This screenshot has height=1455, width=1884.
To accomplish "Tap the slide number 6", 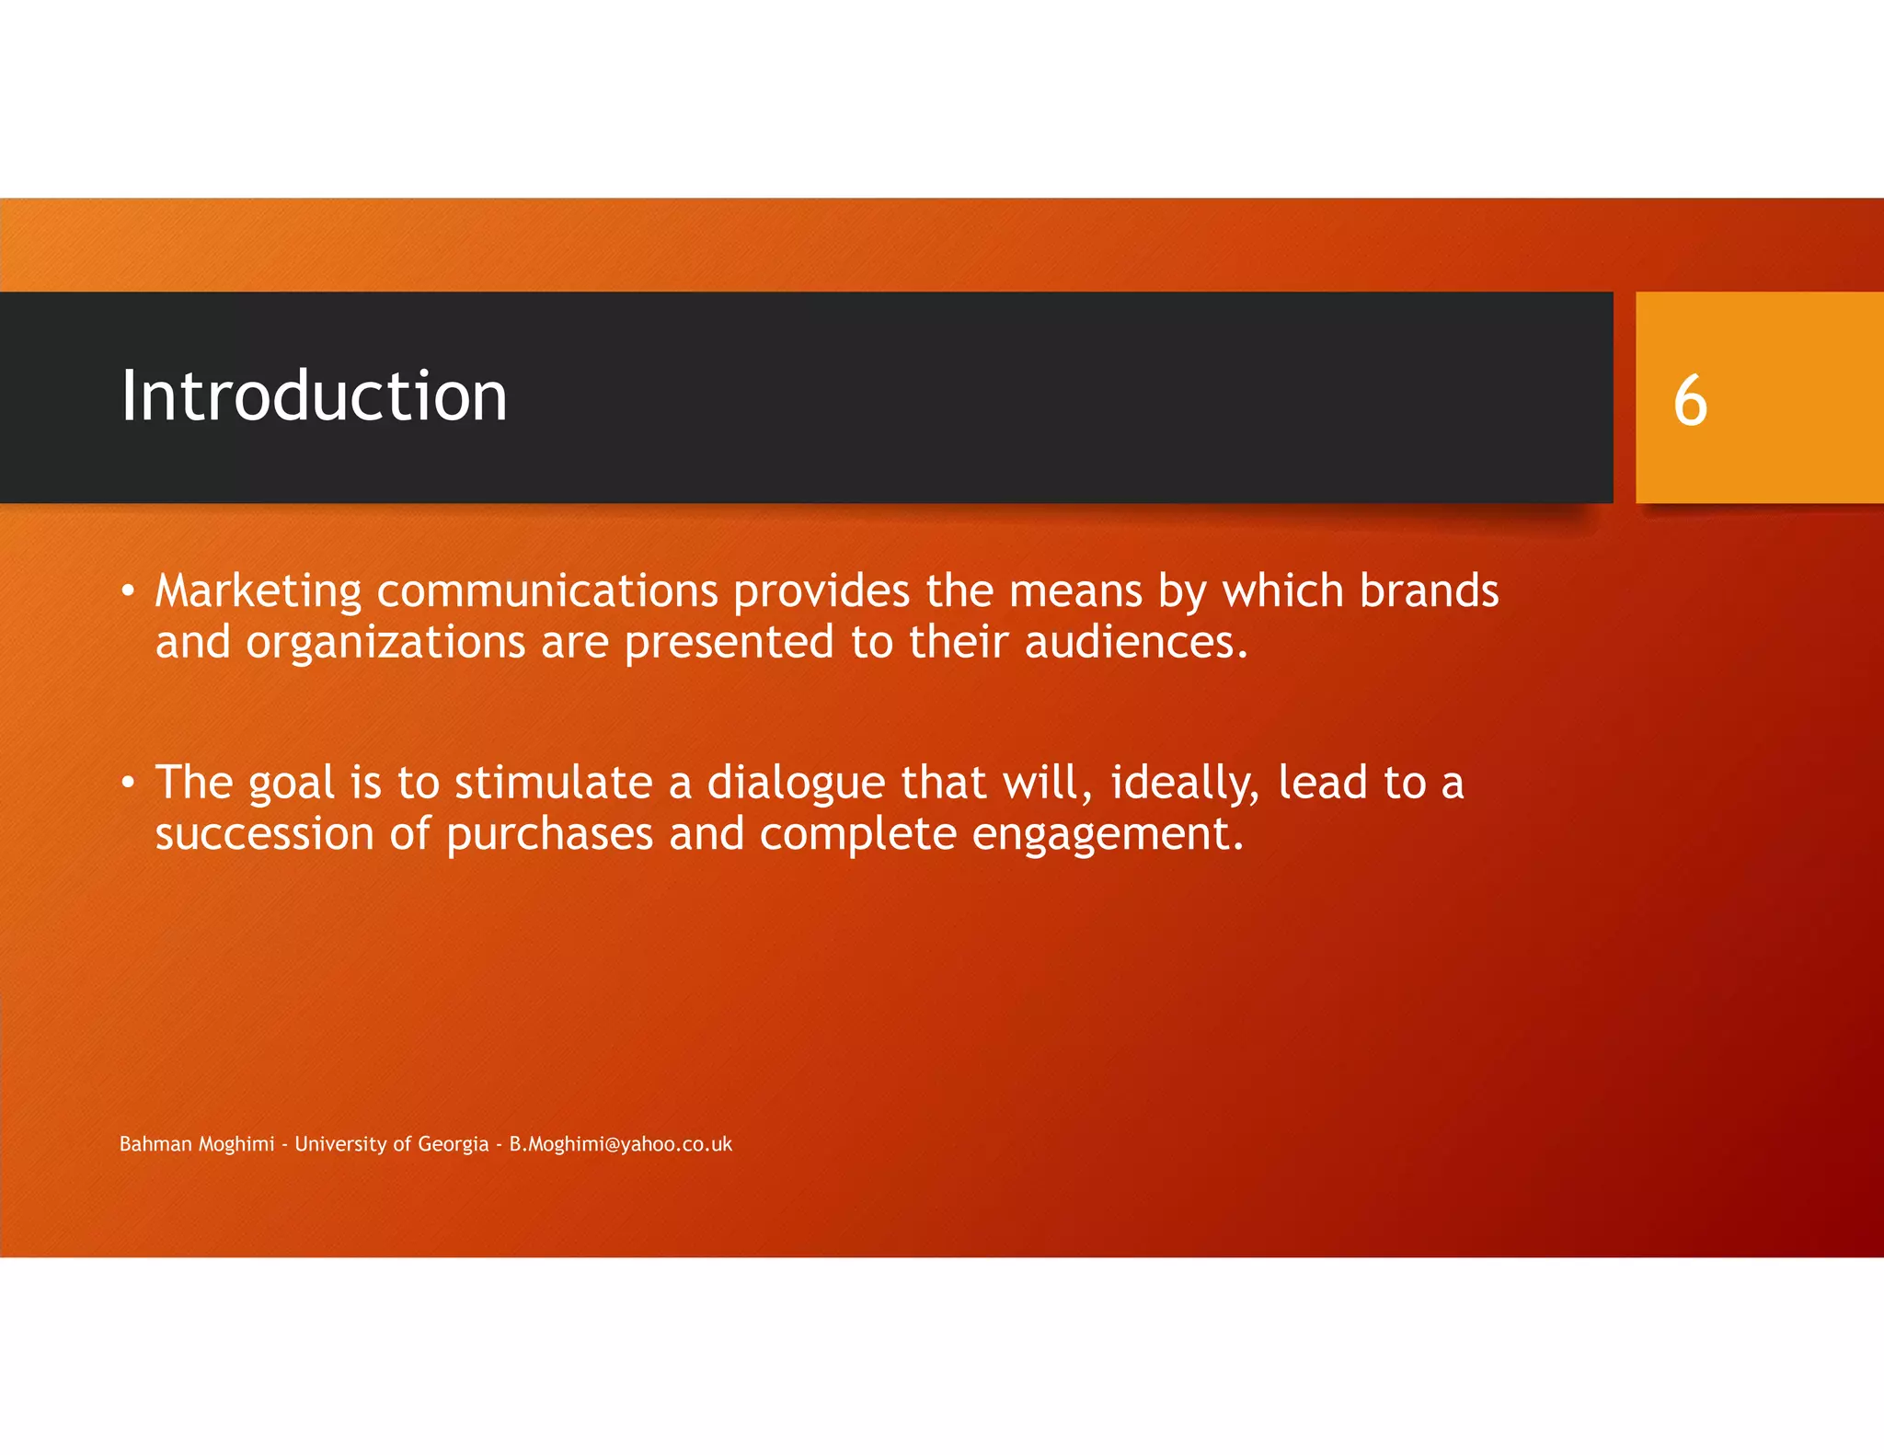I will point(1690,401).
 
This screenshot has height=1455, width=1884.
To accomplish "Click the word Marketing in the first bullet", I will point(258,591).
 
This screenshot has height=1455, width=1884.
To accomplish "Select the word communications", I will point(547,591).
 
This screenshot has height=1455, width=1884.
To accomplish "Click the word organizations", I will point(385,643).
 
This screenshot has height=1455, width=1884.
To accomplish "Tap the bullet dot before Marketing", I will point(129,591).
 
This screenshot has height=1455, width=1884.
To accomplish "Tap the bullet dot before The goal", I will point(129,783).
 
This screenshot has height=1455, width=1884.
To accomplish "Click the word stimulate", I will point(553,783).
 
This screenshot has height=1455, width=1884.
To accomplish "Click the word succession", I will point(264,834).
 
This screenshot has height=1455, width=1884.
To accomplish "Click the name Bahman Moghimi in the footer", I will point(197,1144).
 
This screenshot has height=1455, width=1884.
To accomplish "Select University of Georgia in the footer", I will point(392,1144).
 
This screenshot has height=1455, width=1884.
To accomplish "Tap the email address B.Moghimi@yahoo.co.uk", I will point(621,1144).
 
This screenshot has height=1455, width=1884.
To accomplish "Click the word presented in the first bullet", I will point(729,643).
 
